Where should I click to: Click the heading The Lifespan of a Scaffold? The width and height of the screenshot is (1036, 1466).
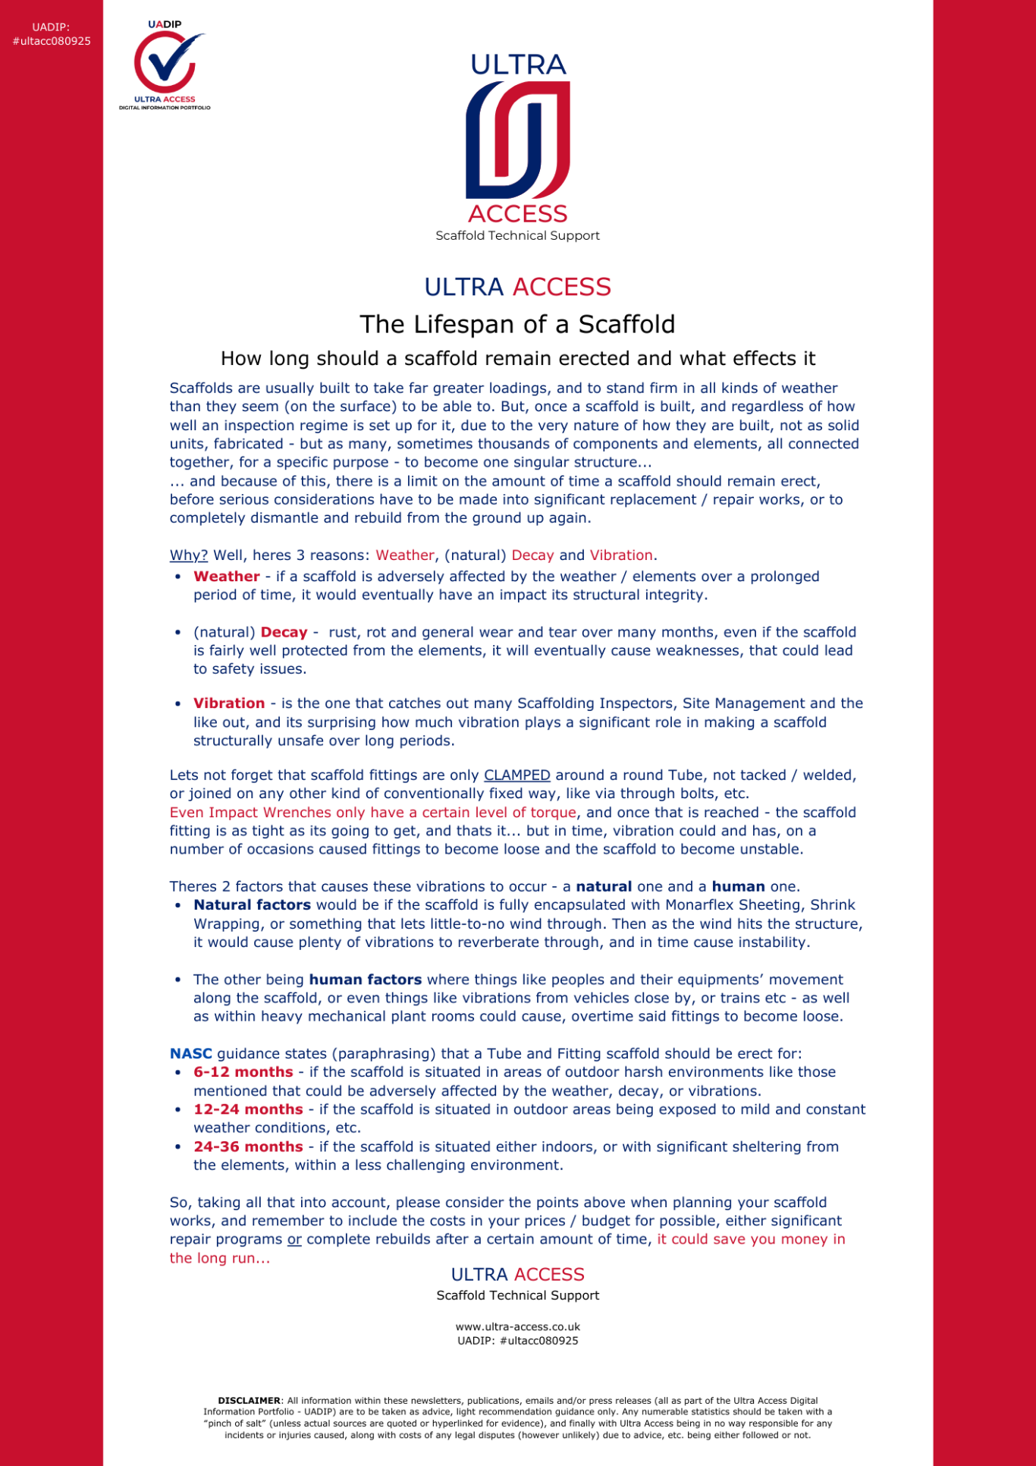(517, 324)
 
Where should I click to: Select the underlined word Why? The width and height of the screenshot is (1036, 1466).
(188, 555)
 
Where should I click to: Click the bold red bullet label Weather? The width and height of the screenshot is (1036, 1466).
(226, 576)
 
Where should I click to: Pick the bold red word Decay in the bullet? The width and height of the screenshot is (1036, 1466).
(284, 632)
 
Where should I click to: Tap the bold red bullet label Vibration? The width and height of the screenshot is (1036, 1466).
(228, 703)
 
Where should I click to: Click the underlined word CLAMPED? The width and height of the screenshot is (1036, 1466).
(516, 775)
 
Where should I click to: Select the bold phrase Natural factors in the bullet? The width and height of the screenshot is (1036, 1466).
(252, 904)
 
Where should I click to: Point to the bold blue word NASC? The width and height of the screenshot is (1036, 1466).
(190, 1053)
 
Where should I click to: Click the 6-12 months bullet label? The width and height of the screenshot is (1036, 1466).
(243, 1072)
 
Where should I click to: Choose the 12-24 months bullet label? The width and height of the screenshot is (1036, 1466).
(247, 1109)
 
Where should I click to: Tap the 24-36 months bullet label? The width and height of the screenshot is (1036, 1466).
(247, 1147)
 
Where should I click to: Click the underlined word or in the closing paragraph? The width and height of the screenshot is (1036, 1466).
(294, 1239)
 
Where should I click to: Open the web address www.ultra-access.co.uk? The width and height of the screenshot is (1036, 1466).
(517, 1326)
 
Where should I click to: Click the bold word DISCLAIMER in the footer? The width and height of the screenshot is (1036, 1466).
(249, 1401)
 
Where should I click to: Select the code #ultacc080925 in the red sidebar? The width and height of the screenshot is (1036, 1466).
(52, 41)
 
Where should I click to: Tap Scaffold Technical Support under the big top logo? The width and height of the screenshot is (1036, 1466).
(517, 235)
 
